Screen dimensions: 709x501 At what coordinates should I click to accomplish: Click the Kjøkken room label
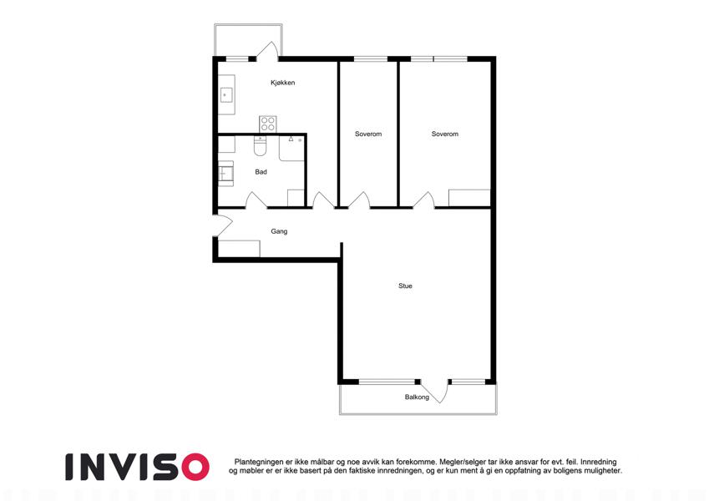(x=282, y=83)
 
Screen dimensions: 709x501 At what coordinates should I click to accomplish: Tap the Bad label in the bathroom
(x=261, y=172)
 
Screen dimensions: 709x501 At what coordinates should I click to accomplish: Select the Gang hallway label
(x=279, y=231)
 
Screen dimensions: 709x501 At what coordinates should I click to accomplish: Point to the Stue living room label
(x=405, y=286)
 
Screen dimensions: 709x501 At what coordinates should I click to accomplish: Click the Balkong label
(x=417, y=397)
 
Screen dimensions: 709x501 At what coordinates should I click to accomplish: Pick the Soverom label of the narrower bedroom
(x=368, y=134)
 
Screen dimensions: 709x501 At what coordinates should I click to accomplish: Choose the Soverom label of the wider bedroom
(x=445, y=134)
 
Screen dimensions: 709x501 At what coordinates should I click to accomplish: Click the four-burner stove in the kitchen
(x=268, y=124)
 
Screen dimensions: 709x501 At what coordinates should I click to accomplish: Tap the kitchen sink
(x=226, y=95)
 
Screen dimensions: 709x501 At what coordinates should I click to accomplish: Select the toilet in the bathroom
(x=260, y=145)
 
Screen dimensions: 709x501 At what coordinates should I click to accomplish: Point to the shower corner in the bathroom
(x=291, y=149)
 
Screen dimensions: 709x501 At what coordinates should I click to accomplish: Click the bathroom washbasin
(x=225, y=173)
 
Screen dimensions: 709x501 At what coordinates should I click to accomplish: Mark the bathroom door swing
(x=256, y=200)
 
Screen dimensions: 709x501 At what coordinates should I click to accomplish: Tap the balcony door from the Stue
(x=435, y=392)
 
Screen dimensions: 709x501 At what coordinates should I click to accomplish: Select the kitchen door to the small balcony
(x=267, y=51)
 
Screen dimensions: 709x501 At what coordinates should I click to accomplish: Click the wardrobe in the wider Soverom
(x=469, y=198)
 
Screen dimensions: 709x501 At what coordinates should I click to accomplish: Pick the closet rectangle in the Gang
(x=239, y=249)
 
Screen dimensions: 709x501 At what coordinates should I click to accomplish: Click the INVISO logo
(x=138, y=467)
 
